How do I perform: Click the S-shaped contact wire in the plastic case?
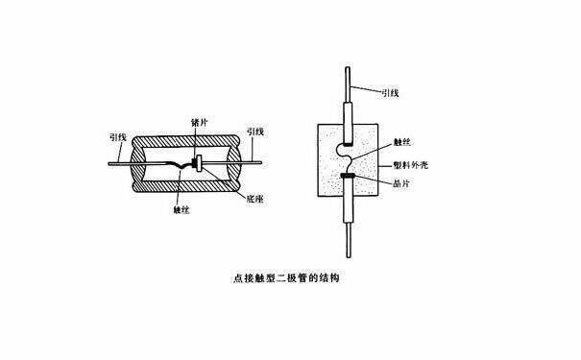point(346,158)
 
